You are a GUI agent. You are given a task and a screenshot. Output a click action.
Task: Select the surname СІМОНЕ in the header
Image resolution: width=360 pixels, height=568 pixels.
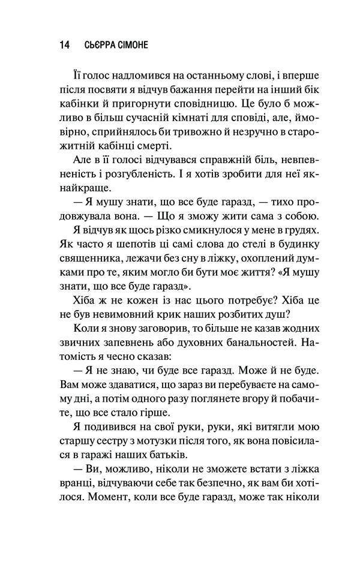click(x=146, y=46)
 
